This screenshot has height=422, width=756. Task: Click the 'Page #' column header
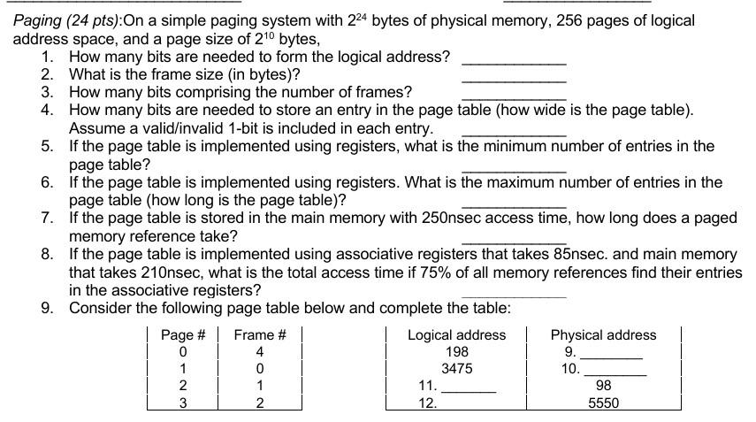coord(183,334)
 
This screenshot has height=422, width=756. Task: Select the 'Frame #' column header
coord(260,334)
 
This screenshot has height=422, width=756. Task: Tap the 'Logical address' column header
coord(456,334)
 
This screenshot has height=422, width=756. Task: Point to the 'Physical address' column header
coord(603,334)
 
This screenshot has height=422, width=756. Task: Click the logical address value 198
coord(456,351)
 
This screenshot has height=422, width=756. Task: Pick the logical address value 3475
coord(456,368)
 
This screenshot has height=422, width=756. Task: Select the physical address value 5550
coord(603,403)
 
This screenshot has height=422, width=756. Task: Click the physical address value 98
coord(603,385)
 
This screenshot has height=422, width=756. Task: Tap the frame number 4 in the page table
coord(260,351)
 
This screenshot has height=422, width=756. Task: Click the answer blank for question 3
coord(514,95)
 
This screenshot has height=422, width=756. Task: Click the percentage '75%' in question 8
coord(410,272)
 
